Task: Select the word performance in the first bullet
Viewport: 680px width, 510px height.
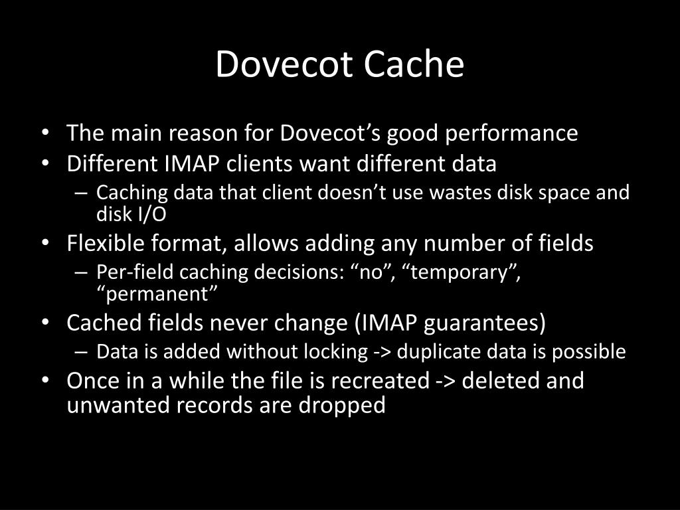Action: click(511, 133)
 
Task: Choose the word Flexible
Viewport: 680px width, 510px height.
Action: click(107, 244)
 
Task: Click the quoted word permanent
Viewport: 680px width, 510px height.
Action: click(157, 294)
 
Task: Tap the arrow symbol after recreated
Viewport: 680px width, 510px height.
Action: click(446, 382)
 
